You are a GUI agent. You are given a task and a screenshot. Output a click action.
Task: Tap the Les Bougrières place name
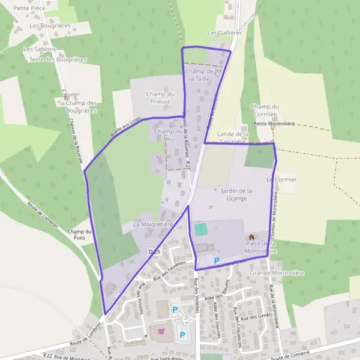50,26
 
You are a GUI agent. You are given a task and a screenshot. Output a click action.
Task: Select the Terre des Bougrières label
58,60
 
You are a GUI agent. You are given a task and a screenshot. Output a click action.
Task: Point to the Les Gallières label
224,33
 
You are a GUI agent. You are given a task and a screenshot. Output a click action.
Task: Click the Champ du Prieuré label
160,98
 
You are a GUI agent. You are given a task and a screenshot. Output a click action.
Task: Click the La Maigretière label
153,224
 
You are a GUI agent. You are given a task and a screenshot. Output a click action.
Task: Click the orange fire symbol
251,238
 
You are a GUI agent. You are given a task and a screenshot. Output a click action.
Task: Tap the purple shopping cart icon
161,331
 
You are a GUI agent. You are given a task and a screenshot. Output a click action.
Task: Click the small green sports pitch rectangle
200,229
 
